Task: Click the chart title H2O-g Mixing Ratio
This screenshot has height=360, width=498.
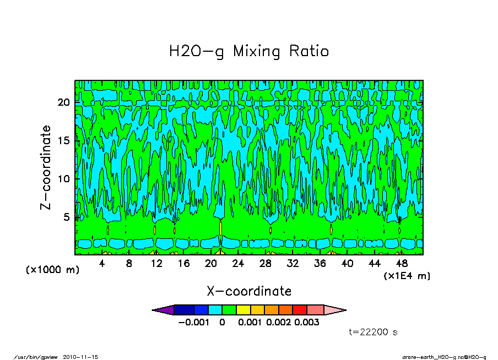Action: pos(249,52)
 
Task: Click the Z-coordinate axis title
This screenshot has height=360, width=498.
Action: pos(46,167)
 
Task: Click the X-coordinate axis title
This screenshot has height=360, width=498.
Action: pos(249,291)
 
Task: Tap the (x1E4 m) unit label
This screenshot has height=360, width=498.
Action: pos(407,276)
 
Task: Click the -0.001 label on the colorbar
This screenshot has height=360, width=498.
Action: pos(194,323)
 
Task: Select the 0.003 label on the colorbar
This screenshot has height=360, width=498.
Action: pos(307,323)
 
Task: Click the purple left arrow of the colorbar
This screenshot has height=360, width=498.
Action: pos(164,310)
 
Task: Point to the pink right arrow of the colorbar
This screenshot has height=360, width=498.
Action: pos(334,310)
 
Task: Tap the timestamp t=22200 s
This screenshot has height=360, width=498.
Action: pos(373,332)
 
